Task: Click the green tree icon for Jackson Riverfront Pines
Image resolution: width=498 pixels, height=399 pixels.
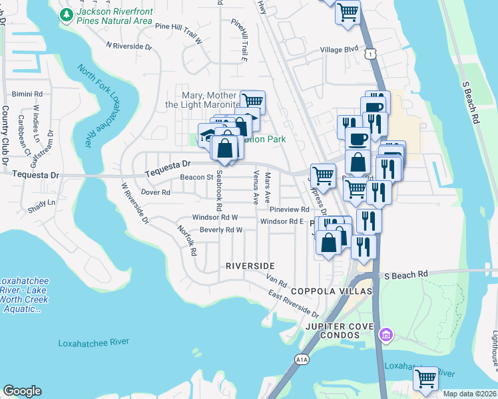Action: pyautogui.click(x=67, y=15)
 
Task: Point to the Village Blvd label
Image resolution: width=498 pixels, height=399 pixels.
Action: pyautogui.click(x=339, y=50)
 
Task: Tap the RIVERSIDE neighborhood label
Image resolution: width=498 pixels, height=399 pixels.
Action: pyautogui.click(x=250, y=265)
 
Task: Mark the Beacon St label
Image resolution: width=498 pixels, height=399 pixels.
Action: pyautogui.click(x=196, y=178)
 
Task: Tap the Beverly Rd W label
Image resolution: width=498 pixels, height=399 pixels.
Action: pyautogui.click(x=220, y=230)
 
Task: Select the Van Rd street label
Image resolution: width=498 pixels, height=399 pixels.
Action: pyautogui.click(x=276, y=282)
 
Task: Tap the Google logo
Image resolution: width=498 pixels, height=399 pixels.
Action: pyautogui.click(x=22, y=391)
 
